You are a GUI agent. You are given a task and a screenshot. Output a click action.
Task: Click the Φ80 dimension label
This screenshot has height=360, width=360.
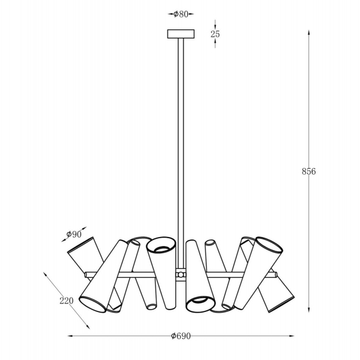(x=181, y=14)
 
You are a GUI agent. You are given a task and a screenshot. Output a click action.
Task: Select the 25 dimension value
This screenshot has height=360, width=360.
(x=215, y=34)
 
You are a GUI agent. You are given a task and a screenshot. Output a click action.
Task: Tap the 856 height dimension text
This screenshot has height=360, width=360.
(x=309, y=171)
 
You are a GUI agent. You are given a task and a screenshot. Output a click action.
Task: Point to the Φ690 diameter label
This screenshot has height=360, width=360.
(x=181, y=336)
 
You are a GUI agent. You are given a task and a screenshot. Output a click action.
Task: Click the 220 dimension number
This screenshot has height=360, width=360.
(x=67, y=301)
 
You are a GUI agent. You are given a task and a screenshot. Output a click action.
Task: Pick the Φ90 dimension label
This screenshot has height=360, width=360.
(x=74, y=234)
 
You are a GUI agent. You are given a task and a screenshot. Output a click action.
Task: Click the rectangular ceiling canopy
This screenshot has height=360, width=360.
(x=181, y=34)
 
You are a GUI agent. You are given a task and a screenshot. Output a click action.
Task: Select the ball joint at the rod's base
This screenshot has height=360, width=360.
(x=181, y=275)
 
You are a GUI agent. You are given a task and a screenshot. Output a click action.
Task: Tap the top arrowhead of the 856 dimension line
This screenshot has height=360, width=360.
(x=309, y=32)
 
